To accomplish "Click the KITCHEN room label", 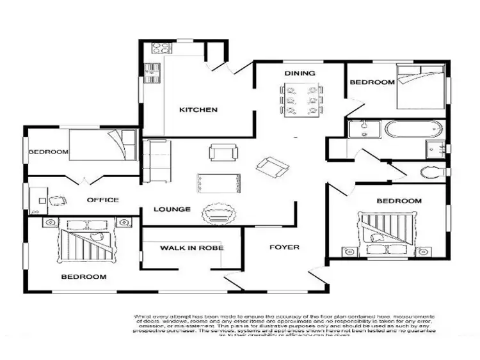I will [198, 110].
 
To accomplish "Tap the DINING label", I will [300, 74].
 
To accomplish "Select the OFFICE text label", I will [103, 200].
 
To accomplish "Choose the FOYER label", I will [284, 247].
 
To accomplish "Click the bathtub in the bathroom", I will [413, 130].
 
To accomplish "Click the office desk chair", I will [57, 200].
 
